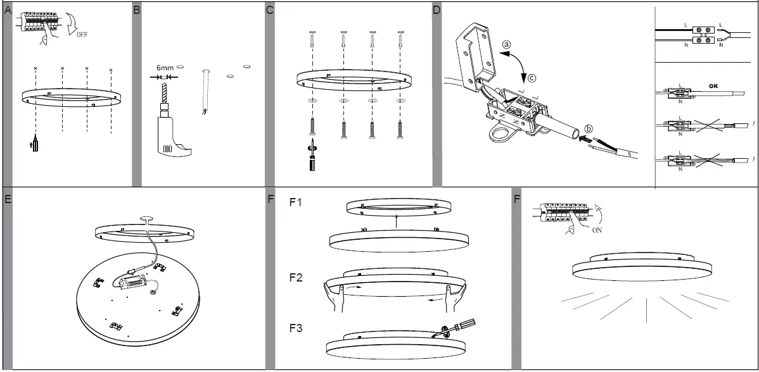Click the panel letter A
coord(8,10)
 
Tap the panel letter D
coord(437,10)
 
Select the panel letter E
coord(8,199)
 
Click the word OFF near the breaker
coord(82,35)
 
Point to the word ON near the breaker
coord(597,231)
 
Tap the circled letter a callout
coord(506,45)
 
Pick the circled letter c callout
coord(532,78)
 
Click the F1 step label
coord(297,203)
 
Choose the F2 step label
coord(297,277)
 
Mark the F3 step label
coord(297,328)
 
